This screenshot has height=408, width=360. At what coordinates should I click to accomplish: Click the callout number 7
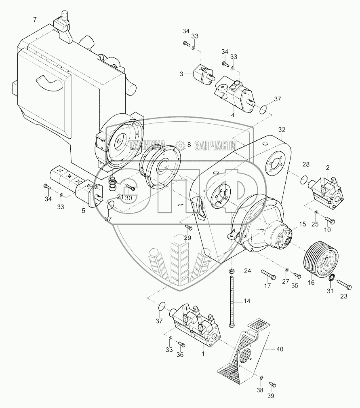coord(35,19)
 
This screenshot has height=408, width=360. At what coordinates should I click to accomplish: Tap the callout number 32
coord(282,129)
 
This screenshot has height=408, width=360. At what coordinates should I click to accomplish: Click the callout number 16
coord(311,283)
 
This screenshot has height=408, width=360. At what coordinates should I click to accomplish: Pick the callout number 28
coord(306,165)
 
